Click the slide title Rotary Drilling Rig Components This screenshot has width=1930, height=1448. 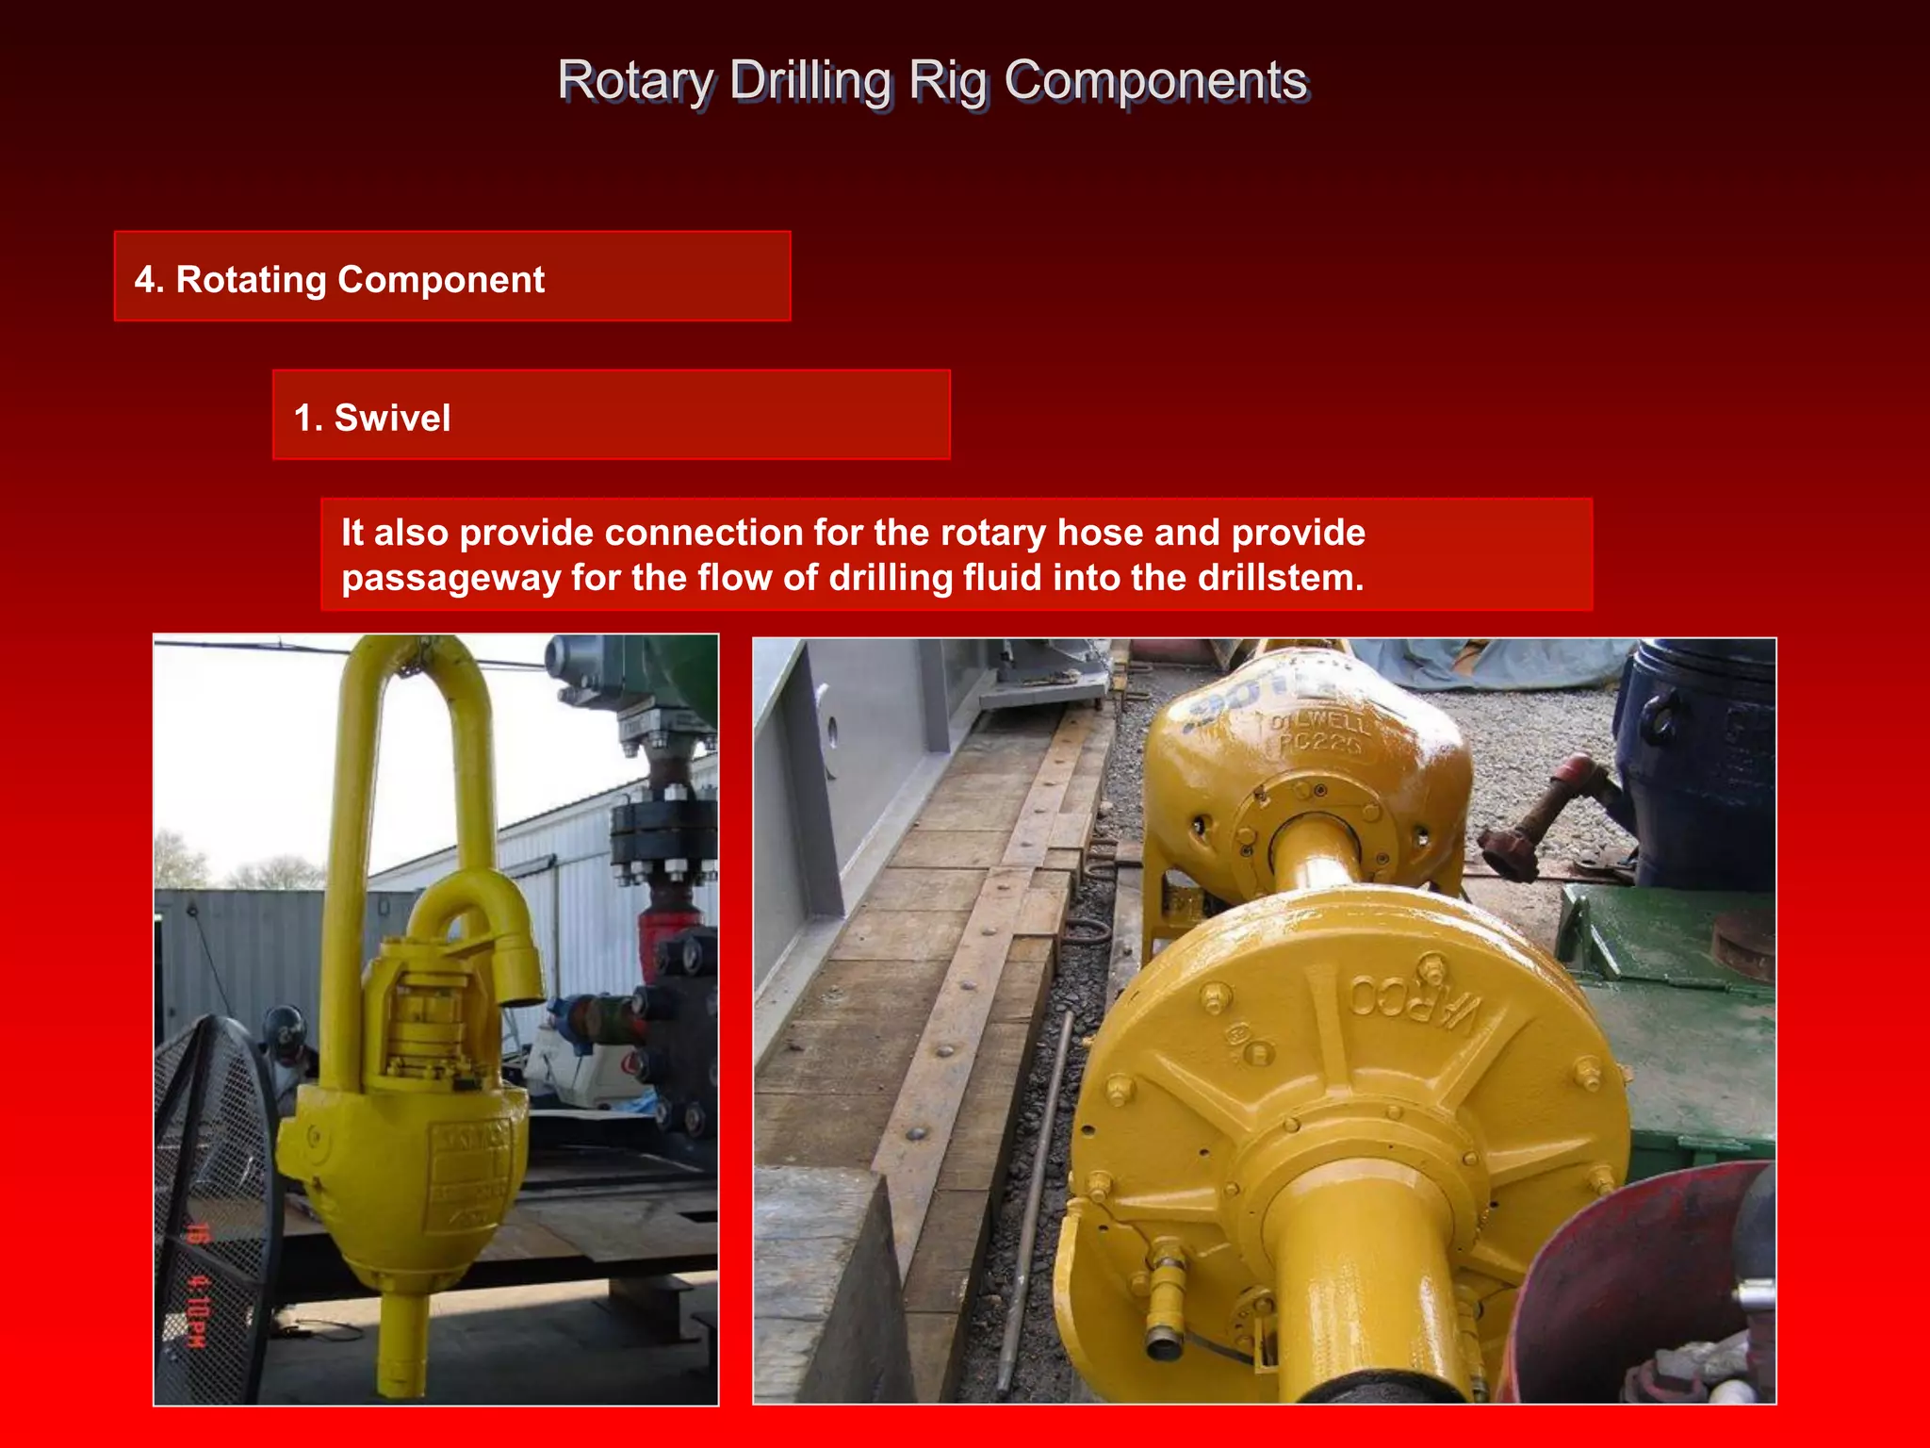point(931,80)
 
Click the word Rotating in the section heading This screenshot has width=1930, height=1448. point(250,280)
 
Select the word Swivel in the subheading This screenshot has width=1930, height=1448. point(392,418)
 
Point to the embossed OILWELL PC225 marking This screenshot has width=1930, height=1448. point(1317,733)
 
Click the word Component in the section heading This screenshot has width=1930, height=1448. point(441,280)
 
